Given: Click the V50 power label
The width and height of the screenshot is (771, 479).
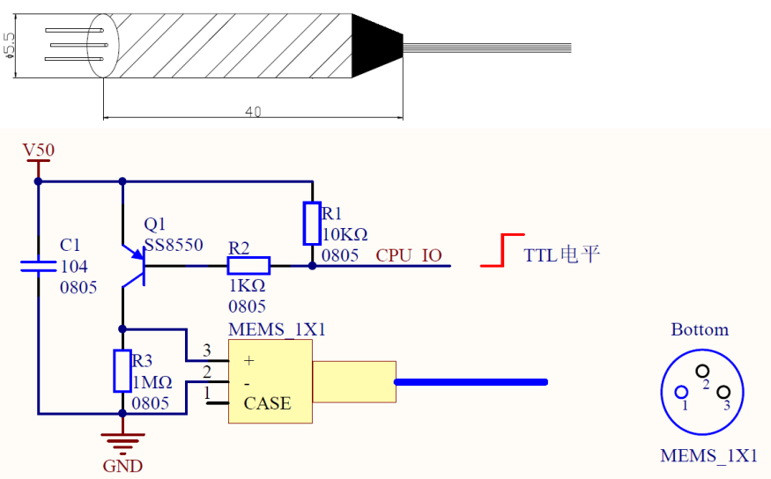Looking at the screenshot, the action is tap(39, 150).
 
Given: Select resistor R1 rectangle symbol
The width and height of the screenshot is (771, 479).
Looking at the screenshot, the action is tap(312, 223).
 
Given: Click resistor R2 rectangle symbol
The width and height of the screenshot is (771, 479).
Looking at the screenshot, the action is tap(248, 266).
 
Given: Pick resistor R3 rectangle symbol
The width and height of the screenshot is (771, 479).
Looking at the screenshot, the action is tap(122, 371).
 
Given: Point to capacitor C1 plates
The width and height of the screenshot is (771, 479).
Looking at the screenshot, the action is tap(39, 266).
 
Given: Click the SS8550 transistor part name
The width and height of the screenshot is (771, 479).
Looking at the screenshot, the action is tap(174, 245).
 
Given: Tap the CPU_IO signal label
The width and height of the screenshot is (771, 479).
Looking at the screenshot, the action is tap(409, 255).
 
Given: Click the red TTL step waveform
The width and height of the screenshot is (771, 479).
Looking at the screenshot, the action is tap(502, 250).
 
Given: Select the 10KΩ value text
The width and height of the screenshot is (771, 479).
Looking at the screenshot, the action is tap(345, 234).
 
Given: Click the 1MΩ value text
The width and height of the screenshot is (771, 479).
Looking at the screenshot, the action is tap(152, 382).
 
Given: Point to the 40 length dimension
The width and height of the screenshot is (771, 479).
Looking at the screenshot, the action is tap(253, 112).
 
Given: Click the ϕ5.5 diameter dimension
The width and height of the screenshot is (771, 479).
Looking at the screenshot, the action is tap(9, 46).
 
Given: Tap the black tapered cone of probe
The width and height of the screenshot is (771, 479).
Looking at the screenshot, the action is tap(377, 46).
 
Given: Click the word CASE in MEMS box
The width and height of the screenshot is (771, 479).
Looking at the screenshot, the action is tap(268, 403).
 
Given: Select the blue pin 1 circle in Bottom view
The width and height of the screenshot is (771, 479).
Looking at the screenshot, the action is tap(681, 392).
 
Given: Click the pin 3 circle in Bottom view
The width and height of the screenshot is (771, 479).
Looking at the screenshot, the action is tap(723, 392).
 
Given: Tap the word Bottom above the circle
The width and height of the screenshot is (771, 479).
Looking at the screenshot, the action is tap(700, 329).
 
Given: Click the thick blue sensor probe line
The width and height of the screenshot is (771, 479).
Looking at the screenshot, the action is tap(471, 382).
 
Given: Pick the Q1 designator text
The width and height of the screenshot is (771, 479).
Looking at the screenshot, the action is tap(154, 224).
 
